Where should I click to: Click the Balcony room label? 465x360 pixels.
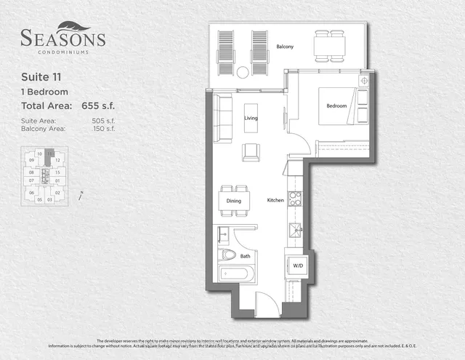[285, 47]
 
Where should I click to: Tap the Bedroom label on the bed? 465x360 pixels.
[336, 106]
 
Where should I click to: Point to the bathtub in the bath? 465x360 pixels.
[236, 274]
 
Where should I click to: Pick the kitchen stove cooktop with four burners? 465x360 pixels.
[295, 198]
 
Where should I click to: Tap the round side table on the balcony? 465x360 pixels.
[243, 71]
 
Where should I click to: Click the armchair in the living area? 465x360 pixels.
[251, 151]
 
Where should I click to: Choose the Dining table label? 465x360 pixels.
[233, 201]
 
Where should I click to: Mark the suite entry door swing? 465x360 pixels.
[267, 304]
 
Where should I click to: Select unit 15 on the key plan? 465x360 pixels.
[58, 172]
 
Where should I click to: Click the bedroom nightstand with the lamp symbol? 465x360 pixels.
[364, 80]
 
